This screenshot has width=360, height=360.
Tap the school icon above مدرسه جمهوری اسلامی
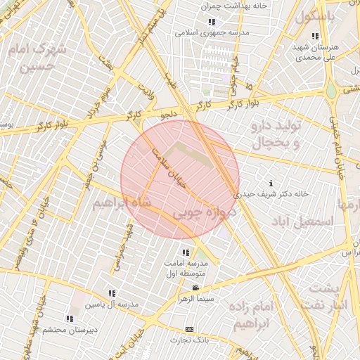coord(210,22)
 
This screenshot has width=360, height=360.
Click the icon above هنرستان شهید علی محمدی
coord(316,36)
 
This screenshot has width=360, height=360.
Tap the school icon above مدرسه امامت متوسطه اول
coord(186,252)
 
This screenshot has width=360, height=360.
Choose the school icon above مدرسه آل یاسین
coord(112,293)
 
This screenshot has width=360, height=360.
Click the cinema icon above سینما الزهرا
coord(195,288)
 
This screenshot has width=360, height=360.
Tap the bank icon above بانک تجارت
coord(189,329)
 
